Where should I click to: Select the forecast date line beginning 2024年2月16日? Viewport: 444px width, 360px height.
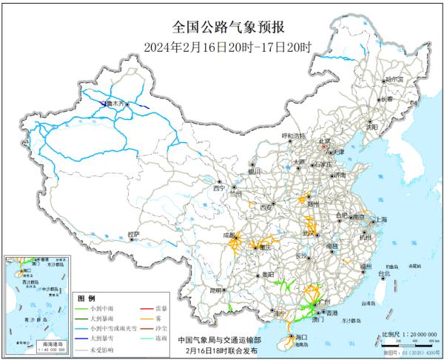click(x=221, y=45)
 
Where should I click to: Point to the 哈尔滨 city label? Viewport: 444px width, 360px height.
click(x=395, y=79)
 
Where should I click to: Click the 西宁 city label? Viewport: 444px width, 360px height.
click(x=218, y=188)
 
